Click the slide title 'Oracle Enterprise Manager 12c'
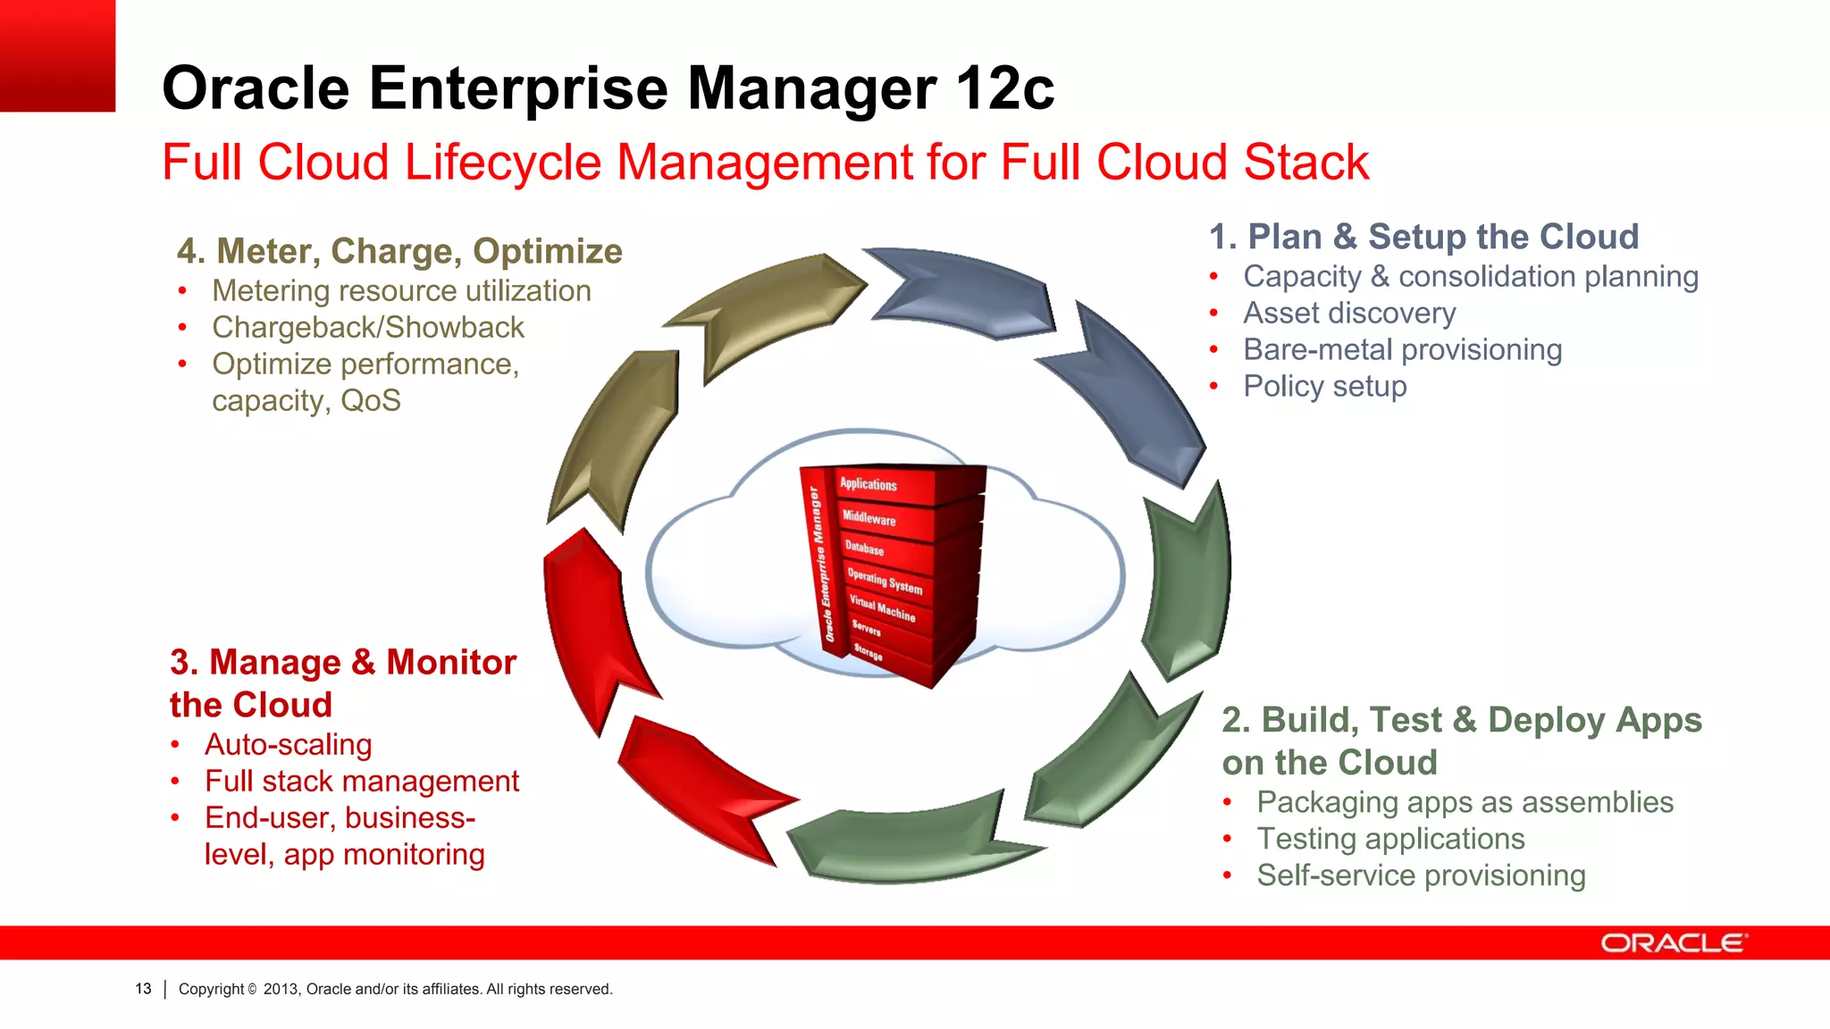click(608, 89)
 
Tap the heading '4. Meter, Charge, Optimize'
click(399, 252)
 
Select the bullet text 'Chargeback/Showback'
click(368, 328)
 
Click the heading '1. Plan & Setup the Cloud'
click(1423, 238)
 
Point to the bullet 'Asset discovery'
click(1349, 314)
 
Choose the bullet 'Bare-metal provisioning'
click(1402, 350)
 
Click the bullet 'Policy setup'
click(1324, 387)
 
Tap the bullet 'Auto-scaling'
click(288, 745)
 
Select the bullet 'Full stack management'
click(361, 782)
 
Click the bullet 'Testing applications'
click(1390, 840)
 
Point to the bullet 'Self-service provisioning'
click(1421, 876)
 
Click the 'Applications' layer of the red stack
click(869, 484)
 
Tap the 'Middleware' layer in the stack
click(869, 518)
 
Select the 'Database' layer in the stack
click(865, 548)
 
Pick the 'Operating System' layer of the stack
click(885, 581)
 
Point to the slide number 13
click(143, 989)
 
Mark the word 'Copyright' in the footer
click(211, 989)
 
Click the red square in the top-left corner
click(57, 55)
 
